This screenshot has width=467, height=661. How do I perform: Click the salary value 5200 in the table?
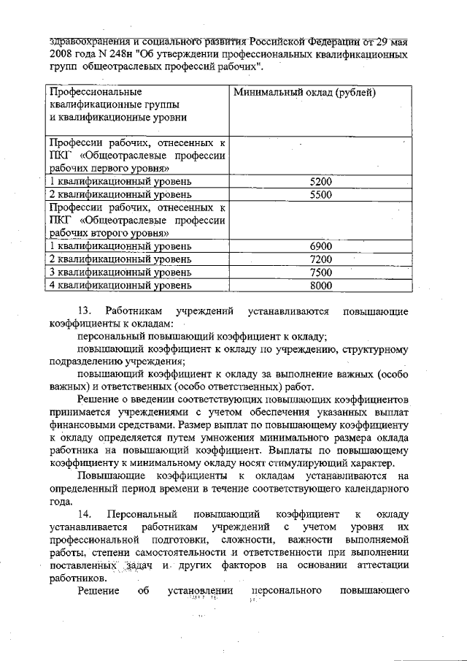point(321,181)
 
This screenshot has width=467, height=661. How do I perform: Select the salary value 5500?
point(321,195)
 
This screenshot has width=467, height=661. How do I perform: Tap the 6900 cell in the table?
point(321,246)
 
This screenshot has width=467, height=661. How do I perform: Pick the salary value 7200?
point(321,259)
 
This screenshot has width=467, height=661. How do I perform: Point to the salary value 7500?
point(321,272)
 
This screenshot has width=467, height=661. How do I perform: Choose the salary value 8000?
point(321,286)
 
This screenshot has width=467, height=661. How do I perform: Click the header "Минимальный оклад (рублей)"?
point(304,93)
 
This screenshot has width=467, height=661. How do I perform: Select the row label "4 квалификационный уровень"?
point(120,286)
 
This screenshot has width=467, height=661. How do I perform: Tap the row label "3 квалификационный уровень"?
point(120,272)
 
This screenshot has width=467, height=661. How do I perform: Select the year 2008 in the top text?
point(62,55)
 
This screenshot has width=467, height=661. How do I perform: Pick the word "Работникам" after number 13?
point(136,312)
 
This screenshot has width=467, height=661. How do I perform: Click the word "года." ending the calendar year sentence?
point(61,502)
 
